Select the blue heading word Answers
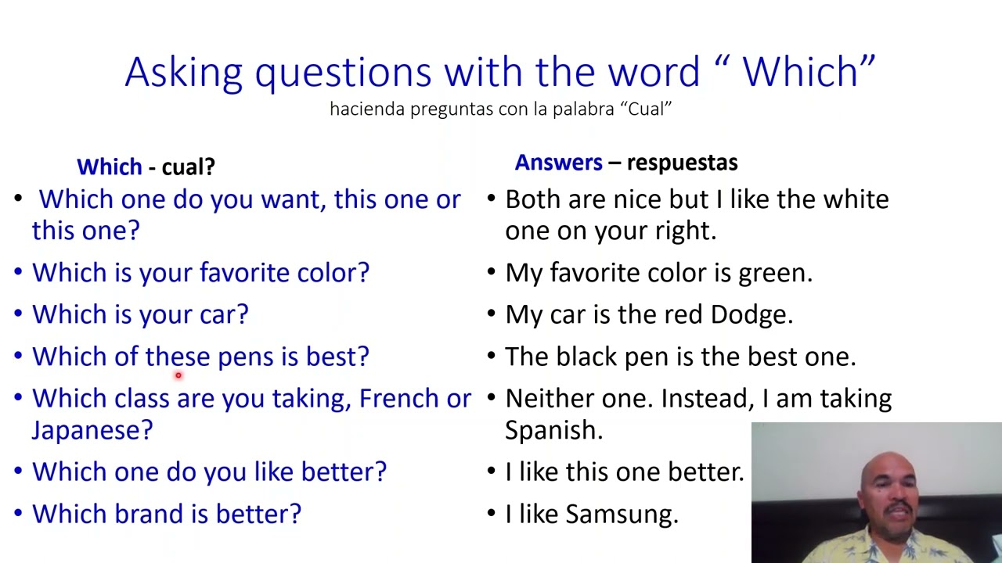pyautogui.click(x=558, y=163)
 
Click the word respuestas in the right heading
pyautogui.click(x=682, y=163)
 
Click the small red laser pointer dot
pyautogui.click(x=178, y=376)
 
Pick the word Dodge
pyautogui.click(x=751, y=314)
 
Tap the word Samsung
pyautogui.click(x=622, y=514)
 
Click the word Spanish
pyautogui.click(x=553, y=430)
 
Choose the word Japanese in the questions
pyautogui.click(x=92, y=430)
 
